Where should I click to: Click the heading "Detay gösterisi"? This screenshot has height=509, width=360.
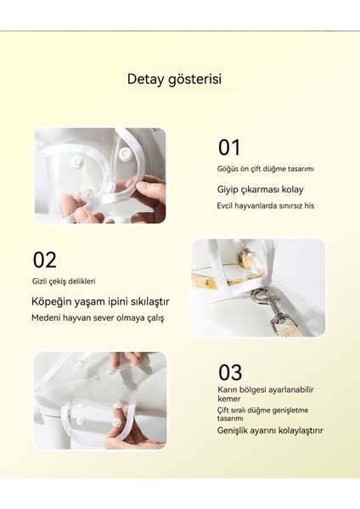174,79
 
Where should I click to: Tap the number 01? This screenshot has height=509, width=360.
230,147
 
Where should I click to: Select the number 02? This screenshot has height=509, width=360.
45,260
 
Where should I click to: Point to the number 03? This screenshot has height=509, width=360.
230,372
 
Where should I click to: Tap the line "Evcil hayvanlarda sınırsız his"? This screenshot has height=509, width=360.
264,205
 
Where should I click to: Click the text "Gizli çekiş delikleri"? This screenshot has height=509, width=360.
65,281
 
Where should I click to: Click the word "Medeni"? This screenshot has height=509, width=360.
47,318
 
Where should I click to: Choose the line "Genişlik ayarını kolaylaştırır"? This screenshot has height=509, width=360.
271,430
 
